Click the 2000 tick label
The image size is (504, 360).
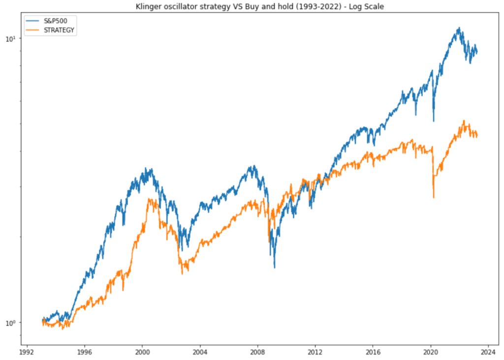[x=142, y=352]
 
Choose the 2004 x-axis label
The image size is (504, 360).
[x=200, y=352]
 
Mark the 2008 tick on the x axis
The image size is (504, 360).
[x=257, y=352]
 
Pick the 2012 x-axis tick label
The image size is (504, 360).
[x=315, y=352]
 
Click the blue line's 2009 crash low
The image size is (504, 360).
[x=274, y=268]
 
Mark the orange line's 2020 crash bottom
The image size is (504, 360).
[x=434, y=198]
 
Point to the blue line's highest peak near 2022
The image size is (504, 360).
[x=459, y=28]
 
